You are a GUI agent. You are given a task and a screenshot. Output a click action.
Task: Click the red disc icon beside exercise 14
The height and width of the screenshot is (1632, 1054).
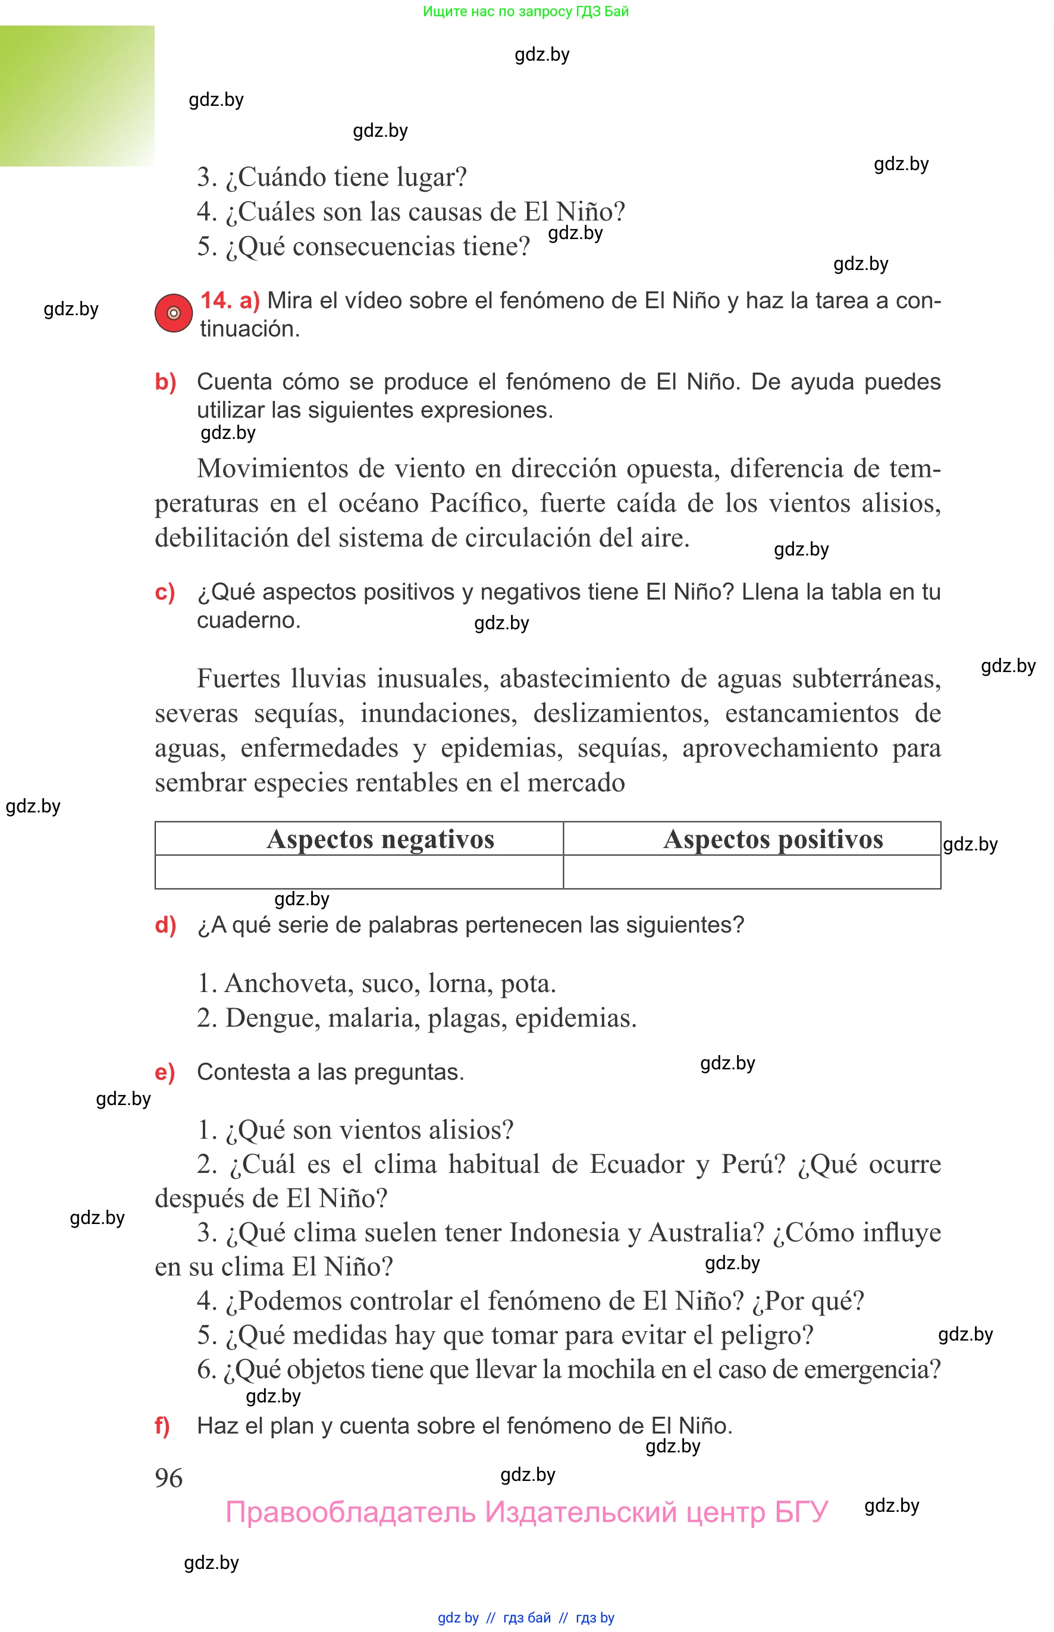click(x=173, y=313)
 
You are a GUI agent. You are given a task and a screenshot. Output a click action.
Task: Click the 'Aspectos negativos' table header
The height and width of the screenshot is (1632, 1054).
click(x=380, y=839)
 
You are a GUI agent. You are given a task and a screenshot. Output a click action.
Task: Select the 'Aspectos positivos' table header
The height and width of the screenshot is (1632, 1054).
click(x=773, y=839)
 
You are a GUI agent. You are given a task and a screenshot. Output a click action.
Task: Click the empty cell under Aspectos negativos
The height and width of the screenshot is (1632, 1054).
click(x=359, y=872)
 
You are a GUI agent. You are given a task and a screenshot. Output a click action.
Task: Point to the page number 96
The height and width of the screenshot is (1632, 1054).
click(x=168, y=1477)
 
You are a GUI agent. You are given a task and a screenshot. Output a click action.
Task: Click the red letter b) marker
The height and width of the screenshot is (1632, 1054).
click(x=165, y=382)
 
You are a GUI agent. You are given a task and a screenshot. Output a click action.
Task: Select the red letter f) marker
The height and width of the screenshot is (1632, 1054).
click(x=162, y=1426)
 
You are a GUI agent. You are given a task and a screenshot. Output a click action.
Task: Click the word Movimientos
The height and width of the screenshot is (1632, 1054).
click(x=273, y=469)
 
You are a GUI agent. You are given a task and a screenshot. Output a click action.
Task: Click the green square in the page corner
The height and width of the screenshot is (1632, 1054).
click(x=77, y=96)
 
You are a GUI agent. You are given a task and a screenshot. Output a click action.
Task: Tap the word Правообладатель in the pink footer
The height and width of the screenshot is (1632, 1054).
click(x=350, y=1512)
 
